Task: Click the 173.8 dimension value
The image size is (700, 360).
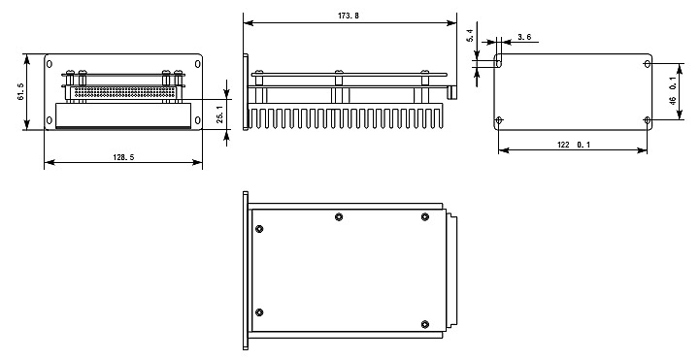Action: (x=349, y=16)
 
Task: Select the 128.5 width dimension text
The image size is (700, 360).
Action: (x=123, y=157)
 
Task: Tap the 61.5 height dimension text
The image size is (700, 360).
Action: (x=21, y=91)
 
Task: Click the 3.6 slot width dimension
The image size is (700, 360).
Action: (x=524, y=37)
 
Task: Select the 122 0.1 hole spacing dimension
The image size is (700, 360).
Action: (x=574, y=145)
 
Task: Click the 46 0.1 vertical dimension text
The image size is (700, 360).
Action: (x=673, y=91)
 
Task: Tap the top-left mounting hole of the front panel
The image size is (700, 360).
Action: (x=50, y=64)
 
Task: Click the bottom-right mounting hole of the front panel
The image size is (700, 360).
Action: (x=197, y=120)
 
